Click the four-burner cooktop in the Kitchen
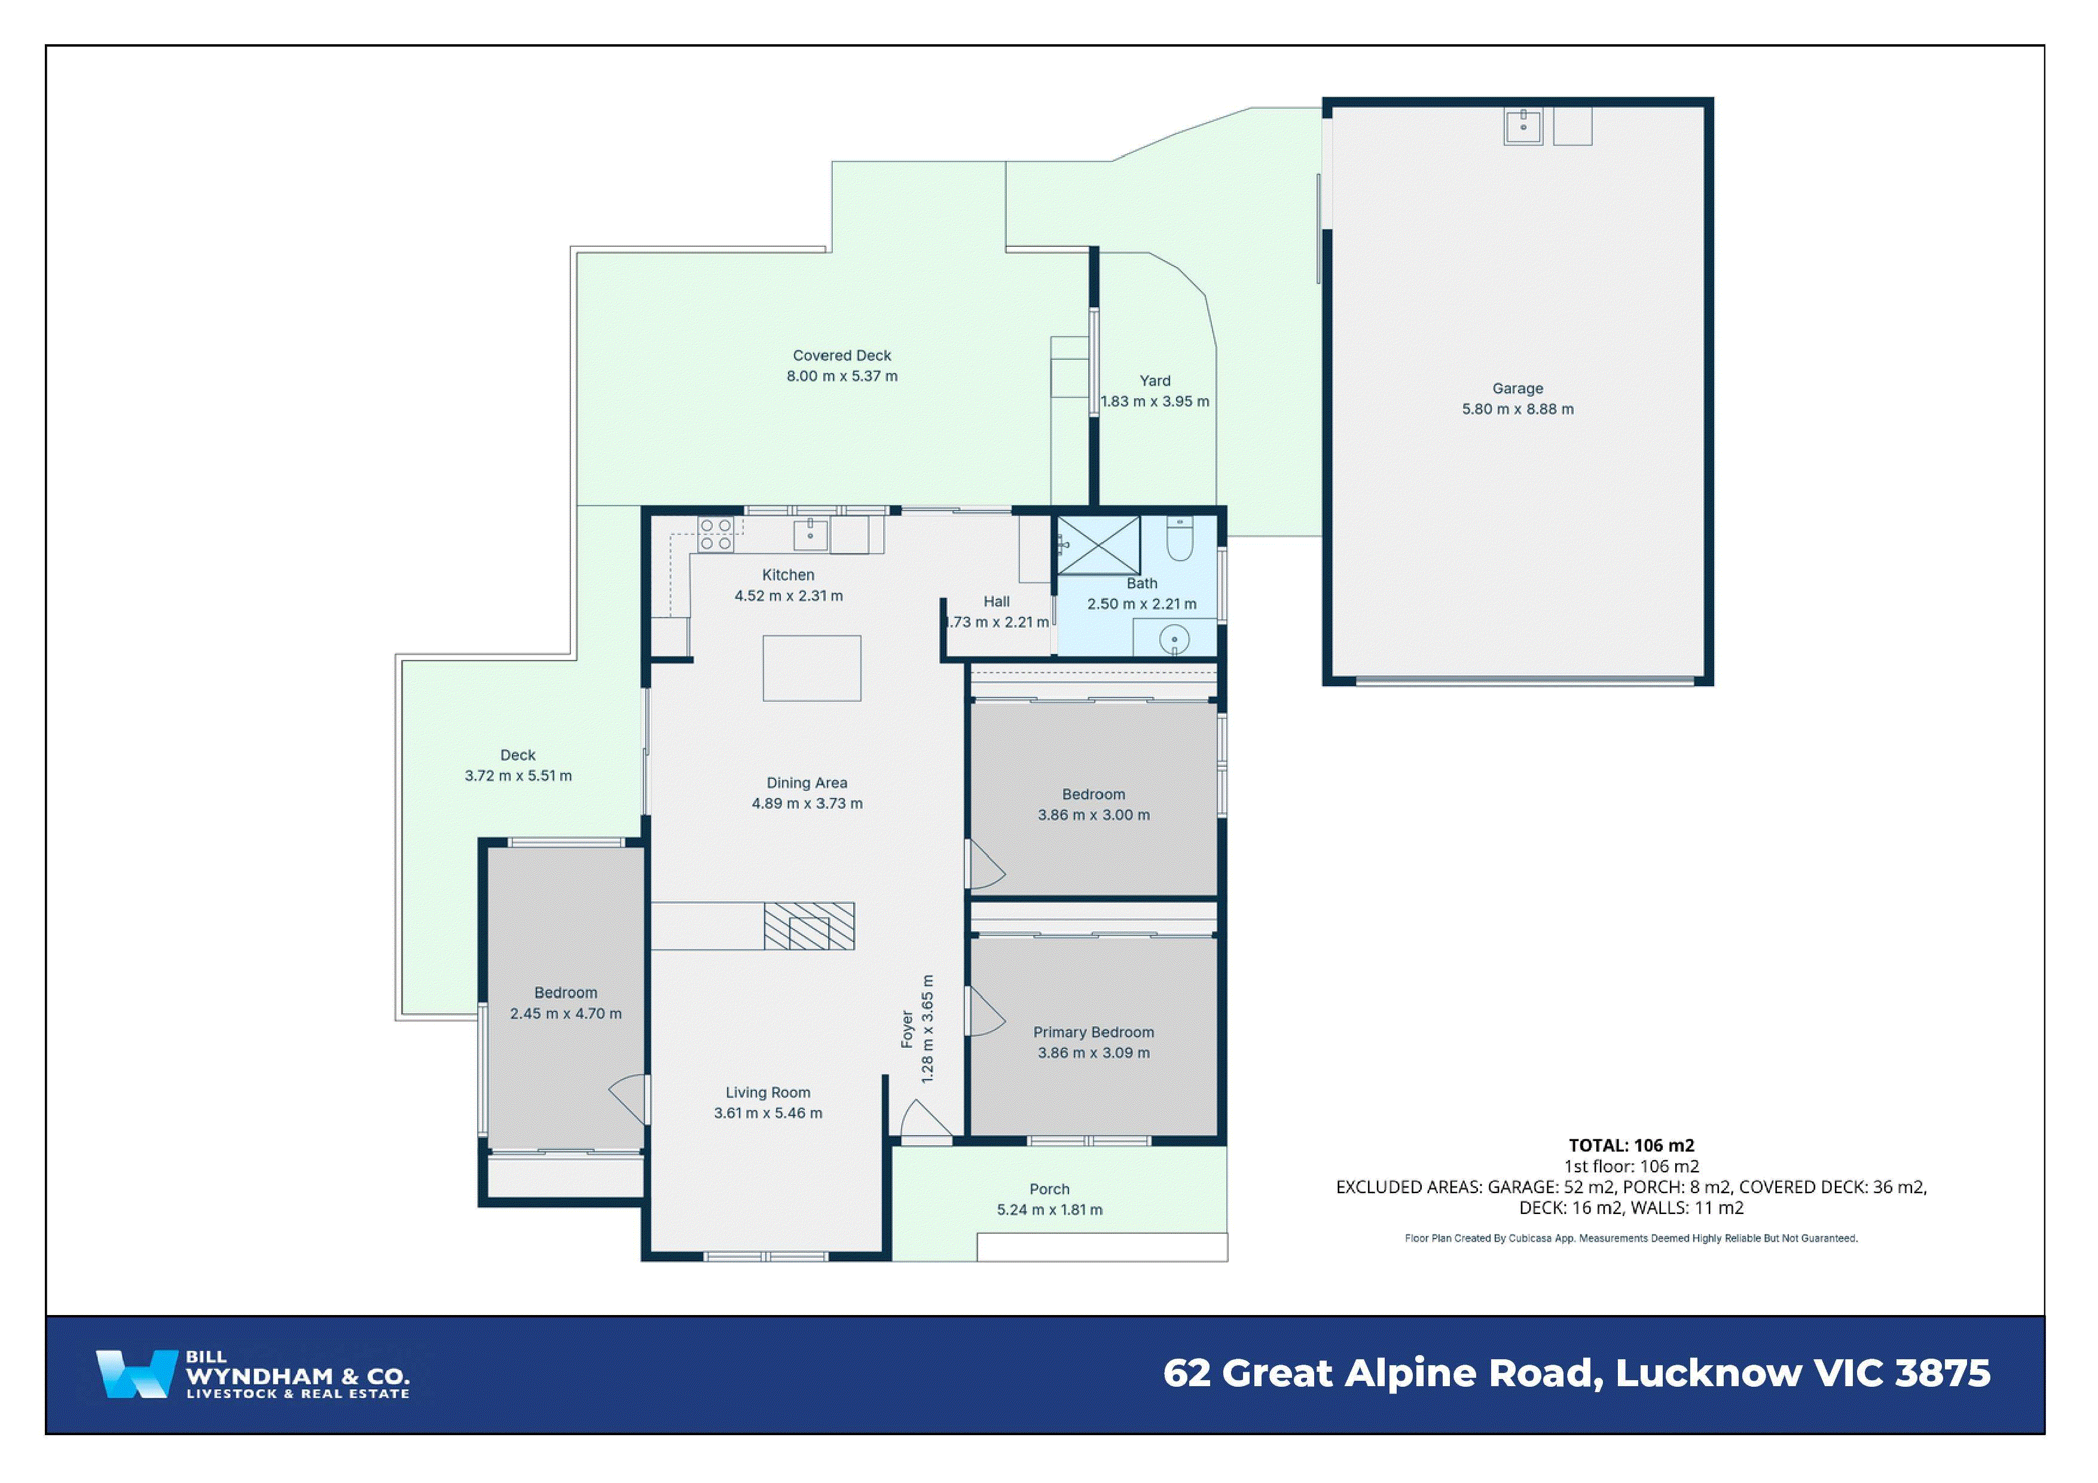point(716,534)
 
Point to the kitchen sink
point(811,534)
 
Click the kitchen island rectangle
point(811,668)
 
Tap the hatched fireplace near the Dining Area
point(809,926)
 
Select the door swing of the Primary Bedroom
point(985,1011)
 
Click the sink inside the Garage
point(1523,126)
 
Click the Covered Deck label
point(842,356)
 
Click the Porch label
point(1048,1189)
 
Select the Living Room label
point(768,1092)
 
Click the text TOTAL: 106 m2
point(1631,1145)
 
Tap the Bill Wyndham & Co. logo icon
point(135,1374)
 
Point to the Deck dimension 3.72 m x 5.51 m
point(518,776)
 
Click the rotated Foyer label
point(906,1029)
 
